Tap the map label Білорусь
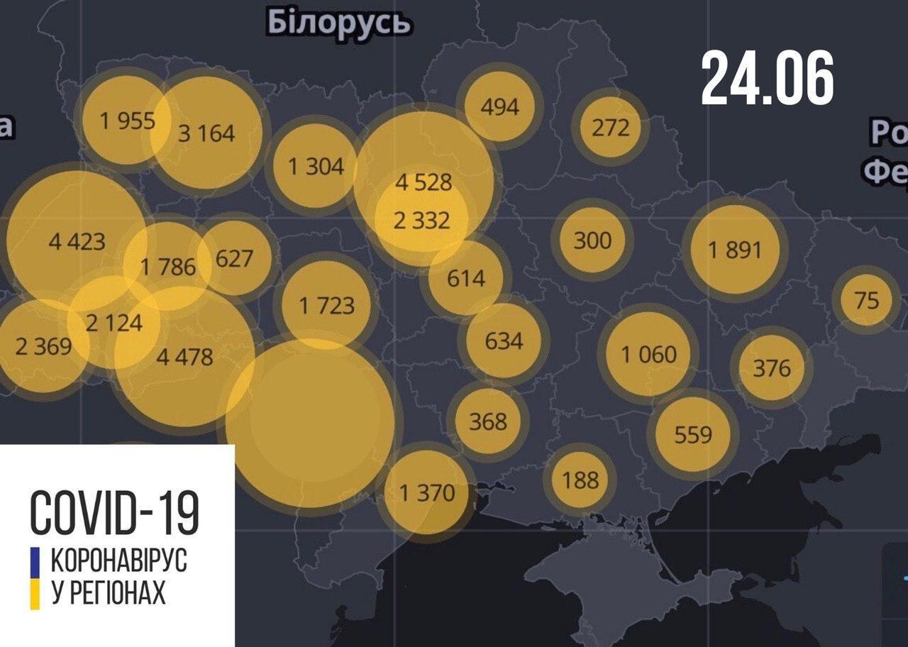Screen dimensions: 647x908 [339, 23]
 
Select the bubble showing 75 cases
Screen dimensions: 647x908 [867, 300]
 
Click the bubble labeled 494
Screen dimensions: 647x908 [499, 106]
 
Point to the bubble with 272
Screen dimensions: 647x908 [610, 128]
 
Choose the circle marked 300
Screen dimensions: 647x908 [592, 240]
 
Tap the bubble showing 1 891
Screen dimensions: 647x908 [734, 249]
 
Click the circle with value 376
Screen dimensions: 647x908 [771, 367]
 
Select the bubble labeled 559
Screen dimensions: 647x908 [692, 433]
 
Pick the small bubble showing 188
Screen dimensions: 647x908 [580, 480]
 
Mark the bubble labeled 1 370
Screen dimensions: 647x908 [426, 492]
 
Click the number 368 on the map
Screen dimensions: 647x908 [488, 421]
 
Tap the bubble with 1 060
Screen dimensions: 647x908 [648, 353]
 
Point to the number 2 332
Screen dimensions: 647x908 [421, 221]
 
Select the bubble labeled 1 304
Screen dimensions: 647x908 [315, 167]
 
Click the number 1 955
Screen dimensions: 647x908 [128, 121]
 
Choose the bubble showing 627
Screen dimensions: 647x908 [234, 258]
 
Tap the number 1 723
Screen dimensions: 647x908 [326, 306]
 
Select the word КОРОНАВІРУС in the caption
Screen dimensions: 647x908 [118, 561]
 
